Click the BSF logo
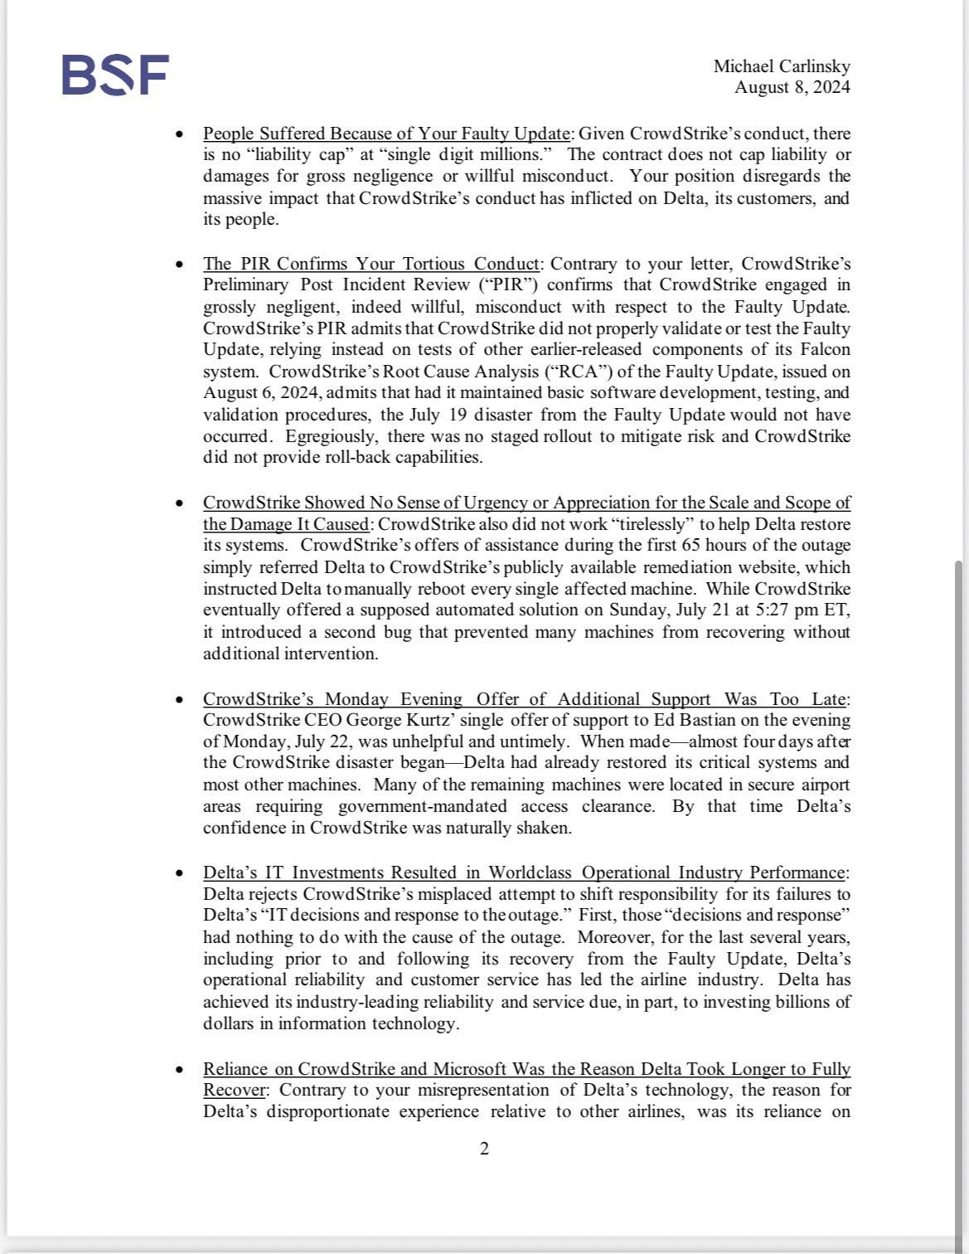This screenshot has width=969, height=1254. tap(115, 75)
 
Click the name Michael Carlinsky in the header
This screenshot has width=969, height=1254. tap(781, 66)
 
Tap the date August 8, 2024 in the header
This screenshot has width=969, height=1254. tap(792, 87)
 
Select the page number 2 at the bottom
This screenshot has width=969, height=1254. tap(484, 1149)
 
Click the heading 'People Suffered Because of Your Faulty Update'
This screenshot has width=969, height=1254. tap(386, 134)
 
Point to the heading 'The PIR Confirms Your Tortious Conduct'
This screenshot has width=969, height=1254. tap(371, 264)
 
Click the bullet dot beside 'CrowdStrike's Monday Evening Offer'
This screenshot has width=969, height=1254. tap(180, 699)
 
